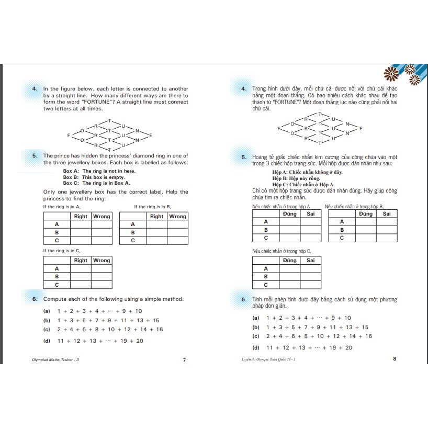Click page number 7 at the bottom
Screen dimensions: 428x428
pyautogui.click(x=184, y=360)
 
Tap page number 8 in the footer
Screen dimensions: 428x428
pyautogui.click(x=395, y=358)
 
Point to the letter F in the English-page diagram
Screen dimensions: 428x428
pyautogui.click(x=69, y=136)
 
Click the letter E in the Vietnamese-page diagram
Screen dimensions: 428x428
pyautogui.click(x=361, y=129)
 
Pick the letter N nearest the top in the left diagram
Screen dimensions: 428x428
pyautogui.click(x=137, y=130)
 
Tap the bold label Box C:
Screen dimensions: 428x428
pyautogui.click(x=71, y=183)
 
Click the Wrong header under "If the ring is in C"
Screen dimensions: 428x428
pyautogui.click(x=102, y=261)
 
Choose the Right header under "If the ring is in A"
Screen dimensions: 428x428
pyautogui.click(x=81, y=217)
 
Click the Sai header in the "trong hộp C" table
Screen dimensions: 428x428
pyautogui.click(x=310, y=260)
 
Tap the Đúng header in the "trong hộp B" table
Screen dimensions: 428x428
pyautogui.click(x=366, y=213)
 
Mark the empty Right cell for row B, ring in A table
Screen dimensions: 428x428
pyautogui.click(x=81, y=232)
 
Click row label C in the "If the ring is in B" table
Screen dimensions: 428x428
pyautogui.click(x=133, y=241)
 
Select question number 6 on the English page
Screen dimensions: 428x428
pyautogui.click(x=35, y=299)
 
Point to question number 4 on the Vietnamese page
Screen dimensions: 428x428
pyautogui.click(x=244, y=89)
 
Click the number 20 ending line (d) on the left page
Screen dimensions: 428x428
pyautogui.click(x=140, y=341)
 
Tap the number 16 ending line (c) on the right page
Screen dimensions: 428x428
pyautogui.click(x=368, y=336)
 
